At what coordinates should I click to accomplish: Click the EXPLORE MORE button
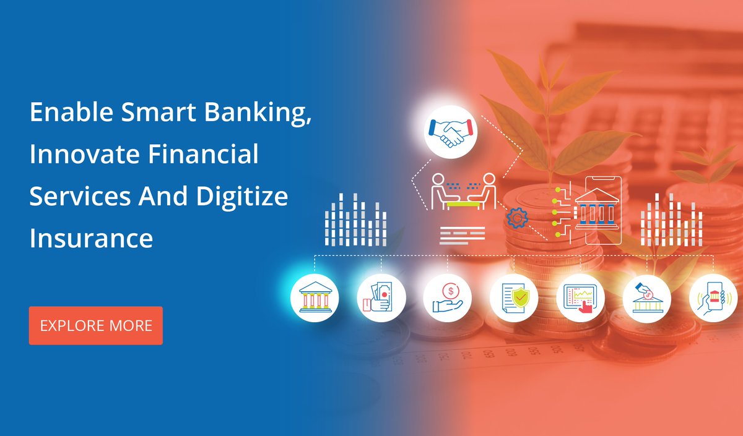[x=96, y=325]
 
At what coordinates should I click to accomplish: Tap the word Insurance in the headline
[x=91, y=237]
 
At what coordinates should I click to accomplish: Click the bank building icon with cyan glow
[x=315, y=297]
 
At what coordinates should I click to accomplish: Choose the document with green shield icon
[x=514, y=297]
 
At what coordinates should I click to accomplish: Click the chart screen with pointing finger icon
[x=580, y=297]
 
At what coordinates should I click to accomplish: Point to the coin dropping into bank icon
[x=646, y=297]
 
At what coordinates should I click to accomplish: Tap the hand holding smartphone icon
[x=713, y=297]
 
